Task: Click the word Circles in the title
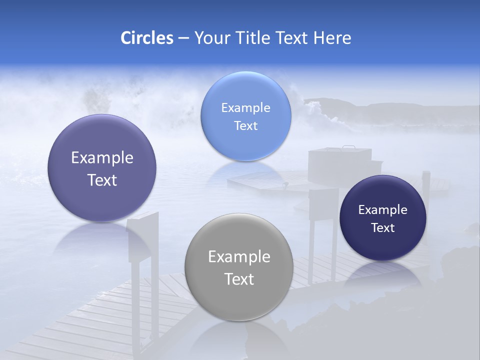[146, 38]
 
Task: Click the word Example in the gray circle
[239, 256]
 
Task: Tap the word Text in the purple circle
[102, 180]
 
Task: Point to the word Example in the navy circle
[383, 209]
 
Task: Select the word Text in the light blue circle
[245, 125]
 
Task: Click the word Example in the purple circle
[102, 157]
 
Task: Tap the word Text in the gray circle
[239, 279]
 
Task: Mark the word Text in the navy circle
[383, 227]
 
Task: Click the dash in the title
[183, 38]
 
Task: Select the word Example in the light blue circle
[245, 107]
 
